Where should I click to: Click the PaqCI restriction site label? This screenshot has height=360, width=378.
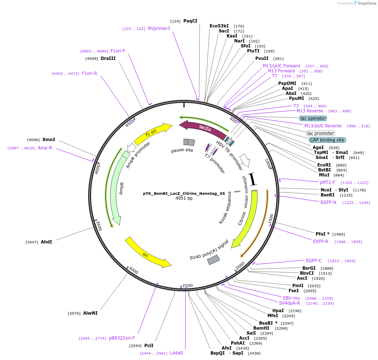click(190, 21)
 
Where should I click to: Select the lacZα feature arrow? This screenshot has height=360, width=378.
click(203, 127)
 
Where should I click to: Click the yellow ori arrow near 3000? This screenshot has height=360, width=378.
click(148, 253)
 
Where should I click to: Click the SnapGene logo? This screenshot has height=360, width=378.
click(367, 3)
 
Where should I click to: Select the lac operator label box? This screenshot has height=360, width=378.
click(313, 118)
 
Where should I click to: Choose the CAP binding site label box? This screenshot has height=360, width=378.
click(327, 140)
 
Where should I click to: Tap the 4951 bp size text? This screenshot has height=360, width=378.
click(184, 199)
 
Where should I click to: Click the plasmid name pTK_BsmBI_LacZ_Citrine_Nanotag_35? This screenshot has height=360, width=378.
click(184, 194)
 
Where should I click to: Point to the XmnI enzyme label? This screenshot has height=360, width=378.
click(49, 139)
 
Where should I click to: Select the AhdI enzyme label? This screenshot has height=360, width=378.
click(47, 242)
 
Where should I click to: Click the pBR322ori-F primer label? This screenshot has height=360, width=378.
click(122, 338)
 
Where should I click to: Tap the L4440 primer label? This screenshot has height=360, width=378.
click(176, 353)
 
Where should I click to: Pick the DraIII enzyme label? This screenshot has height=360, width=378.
click(108, 58)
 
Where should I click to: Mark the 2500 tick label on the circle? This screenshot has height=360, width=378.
click(188, 285)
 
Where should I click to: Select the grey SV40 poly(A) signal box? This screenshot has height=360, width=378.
click(214, 260)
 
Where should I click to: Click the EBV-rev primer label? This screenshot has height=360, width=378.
click(292, 298)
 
